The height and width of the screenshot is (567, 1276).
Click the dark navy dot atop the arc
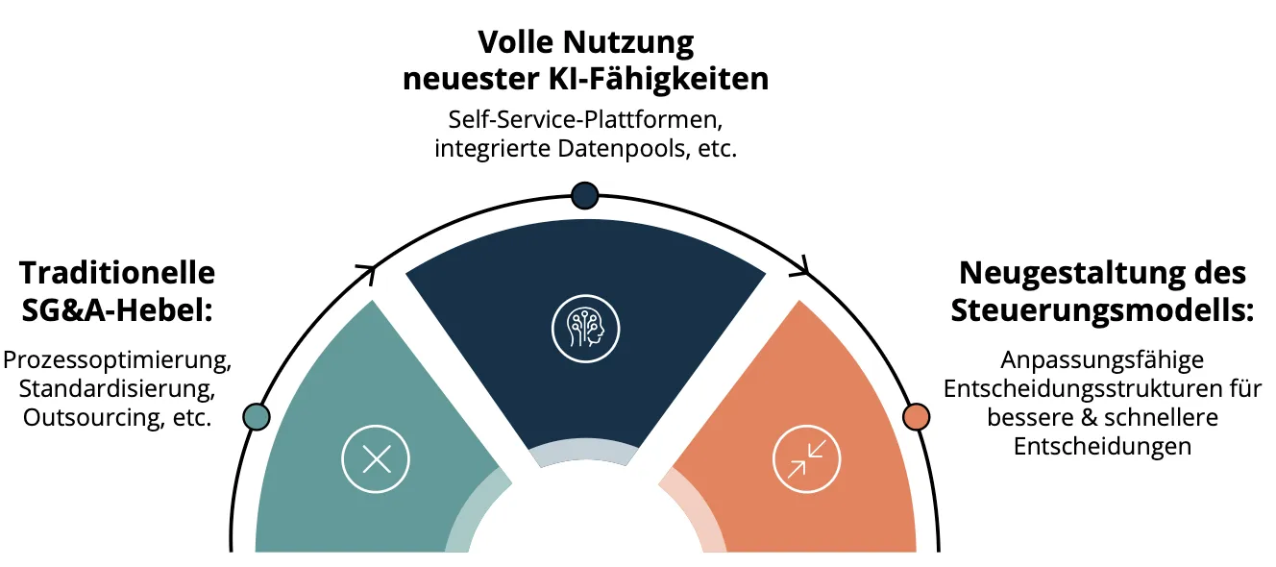tap(584, 196)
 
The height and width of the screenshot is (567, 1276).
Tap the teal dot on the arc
tap(257, 416)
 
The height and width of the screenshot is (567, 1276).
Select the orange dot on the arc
tap(916, 416)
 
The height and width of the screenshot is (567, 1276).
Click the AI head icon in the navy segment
tap(585, 329)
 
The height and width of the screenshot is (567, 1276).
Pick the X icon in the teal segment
tap(376, 458)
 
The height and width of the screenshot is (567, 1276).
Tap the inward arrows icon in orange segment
tap(806, 458)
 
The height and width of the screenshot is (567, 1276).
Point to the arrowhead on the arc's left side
tap(367, 274)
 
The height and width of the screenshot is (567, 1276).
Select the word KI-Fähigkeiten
tap(658, 79)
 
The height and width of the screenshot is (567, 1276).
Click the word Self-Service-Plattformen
tap(585, 120)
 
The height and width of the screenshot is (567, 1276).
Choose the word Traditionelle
tap(117, 272)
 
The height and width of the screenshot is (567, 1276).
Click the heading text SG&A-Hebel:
tap(117, 311)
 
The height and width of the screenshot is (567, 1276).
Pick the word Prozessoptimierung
tap(117, 361)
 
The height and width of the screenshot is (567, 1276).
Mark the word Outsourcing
tap(94, 418)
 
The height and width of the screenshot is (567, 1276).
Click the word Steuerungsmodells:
tap(1103, 311)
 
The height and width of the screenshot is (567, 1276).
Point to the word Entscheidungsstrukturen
tap(1085, 389)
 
